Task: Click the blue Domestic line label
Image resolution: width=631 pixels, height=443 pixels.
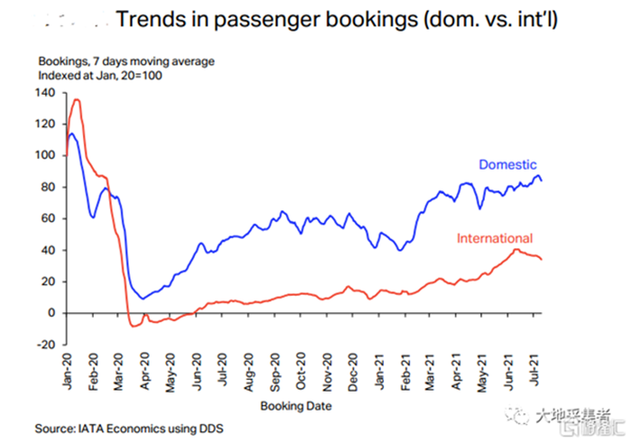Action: (x=508, y=165)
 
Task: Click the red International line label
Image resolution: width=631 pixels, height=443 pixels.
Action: (x=495, y=239)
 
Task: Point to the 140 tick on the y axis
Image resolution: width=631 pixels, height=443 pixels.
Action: (x=46, y=93)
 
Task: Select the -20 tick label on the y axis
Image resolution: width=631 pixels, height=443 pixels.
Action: (x=46, y=345)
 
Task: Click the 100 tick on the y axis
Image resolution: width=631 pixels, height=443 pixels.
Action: (x=46, y=155)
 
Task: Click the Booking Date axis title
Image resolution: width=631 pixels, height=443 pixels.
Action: (x=297, y=406)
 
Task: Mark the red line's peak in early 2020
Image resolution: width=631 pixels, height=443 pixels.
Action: (x=76, y=99)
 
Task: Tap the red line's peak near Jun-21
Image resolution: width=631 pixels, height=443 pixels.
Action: (x=515, y=250)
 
